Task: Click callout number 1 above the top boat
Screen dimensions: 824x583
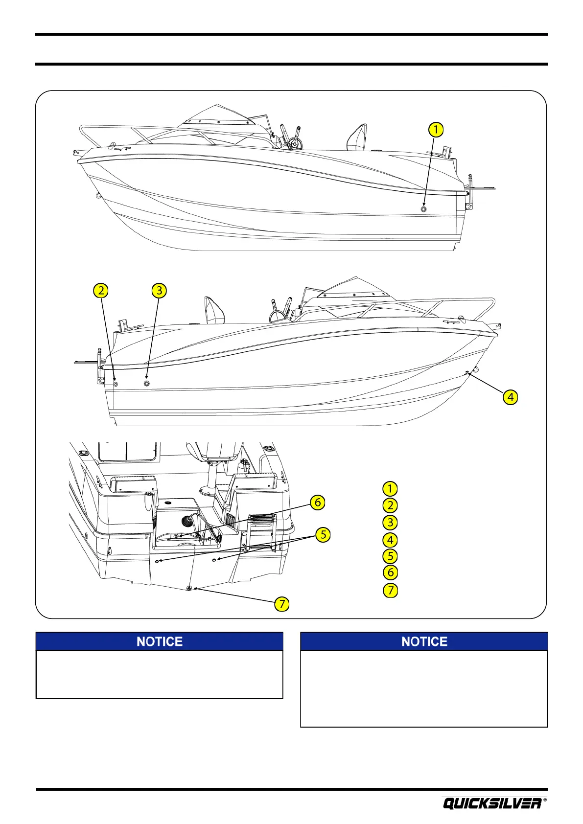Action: pos(435,130)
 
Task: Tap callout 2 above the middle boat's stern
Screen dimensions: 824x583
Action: pos(101,291)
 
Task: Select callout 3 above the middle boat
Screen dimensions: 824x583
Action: pos(159,291)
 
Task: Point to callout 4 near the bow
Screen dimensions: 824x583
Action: pos(511,397)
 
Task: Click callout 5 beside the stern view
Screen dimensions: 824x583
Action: pos(323,535)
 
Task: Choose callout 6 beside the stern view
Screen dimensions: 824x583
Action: pos(317,502)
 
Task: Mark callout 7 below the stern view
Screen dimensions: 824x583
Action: pos(281,604)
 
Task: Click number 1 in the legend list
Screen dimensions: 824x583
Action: pos(390,489)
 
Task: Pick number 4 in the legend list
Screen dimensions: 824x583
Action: pos(390,540)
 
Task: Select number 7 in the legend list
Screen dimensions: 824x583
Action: pos(390,590)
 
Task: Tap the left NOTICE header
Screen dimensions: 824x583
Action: pos(160,641)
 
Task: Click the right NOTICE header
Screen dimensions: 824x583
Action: pos(424,641)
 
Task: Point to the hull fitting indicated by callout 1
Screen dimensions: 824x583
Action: pos(423,209)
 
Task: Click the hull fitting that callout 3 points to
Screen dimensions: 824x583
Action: pos(146,383)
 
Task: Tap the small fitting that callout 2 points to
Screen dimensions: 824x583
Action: pos(116,384)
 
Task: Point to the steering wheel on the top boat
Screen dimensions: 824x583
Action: pos(294,144)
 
